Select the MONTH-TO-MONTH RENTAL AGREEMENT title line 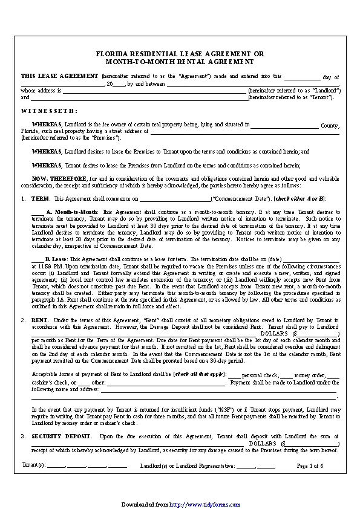pyautogui.click(x=180, y=62)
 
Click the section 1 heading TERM pyautogui.click(x=40, y=199)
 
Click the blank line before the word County pyautogui.click(x=284, y=125)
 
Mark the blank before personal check pyautogui.click(x=234, y=375)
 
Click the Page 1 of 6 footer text pyautogui.click(x=310, y=466)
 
